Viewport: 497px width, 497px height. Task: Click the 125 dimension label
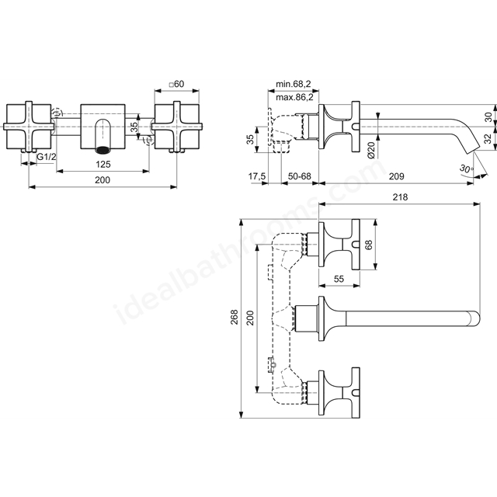103,164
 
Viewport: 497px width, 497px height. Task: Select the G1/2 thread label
47,157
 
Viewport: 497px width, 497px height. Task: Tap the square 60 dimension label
176,84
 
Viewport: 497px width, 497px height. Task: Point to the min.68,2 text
294,84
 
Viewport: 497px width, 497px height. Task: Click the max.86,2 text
294,97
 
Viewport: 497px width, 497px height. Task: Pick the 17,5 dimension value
257,176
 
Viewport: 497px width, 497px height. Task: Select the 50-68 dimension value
300,176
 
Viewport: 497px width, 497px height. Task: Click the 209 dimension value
397,176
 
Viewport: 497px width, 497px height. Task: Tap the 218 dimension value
401,197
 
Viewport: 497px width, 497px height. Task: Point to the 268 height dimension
235,317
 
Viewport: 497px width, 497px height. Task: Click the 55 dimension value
339,279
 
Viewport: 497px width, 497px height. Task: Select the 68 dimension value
369,245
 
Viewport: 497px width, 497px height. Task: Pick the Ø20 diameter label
371,150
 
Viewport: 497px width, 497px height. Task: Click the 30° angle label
466,169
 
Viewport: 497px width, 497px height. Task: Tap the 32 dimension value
488,138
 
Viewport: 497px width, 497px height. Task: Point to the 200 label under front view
103,180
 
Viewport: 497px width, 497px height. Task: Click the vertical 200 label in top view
250,318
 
